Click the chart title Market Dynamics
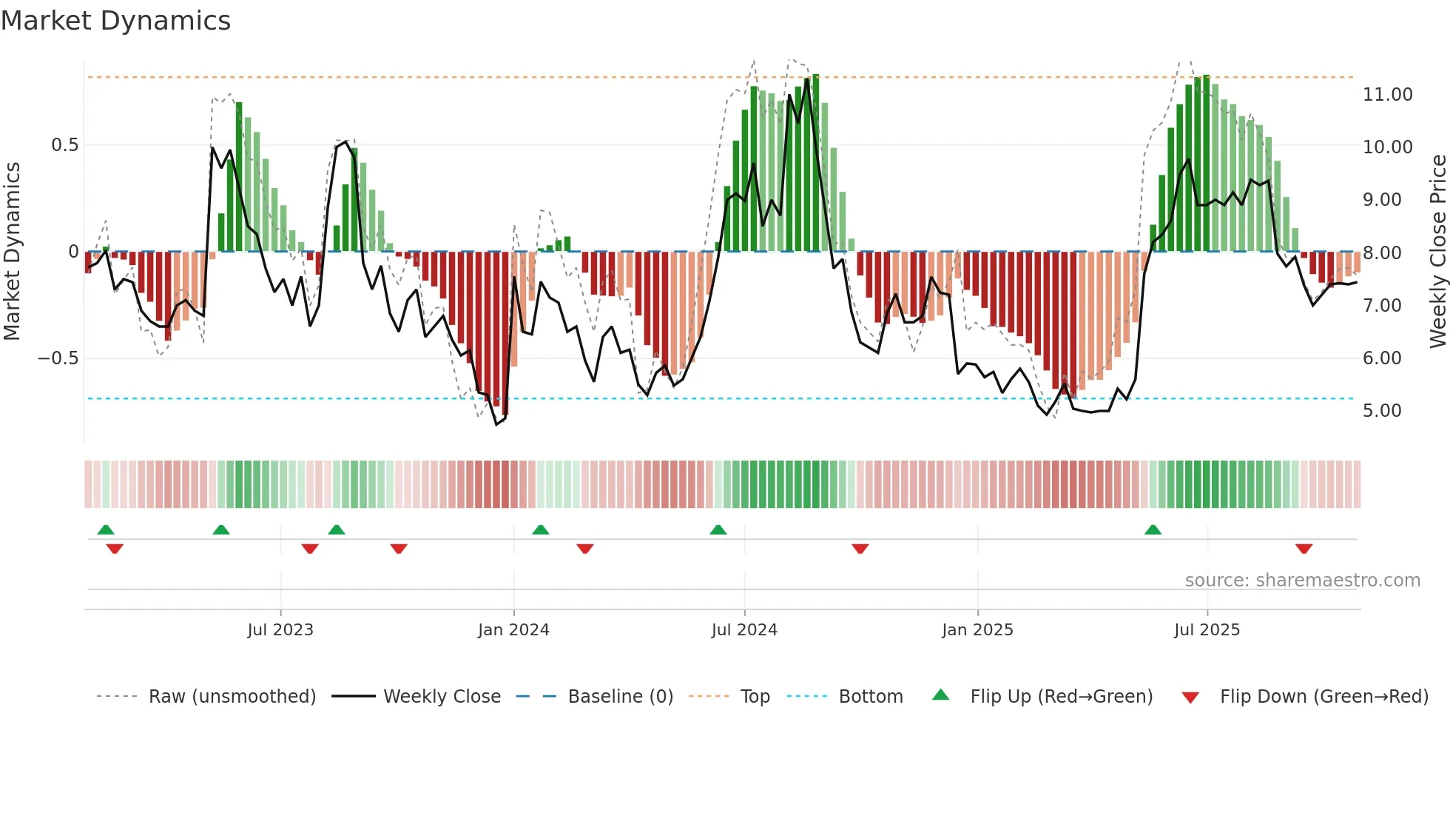[115, 21]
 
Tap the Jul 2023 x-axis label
[280, 630]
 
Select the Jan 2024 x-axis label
[513, 630]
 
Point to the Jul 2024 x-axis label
[744, 630]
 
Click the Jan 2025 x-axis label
[977, 630]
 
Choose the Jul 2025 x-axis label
[1207, 630]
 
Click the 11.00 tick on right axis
[1388, 95]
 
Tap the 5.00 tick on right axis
[1382, 411]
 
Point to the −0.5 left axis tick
[58, 358]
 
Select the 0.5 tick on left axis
[64, 145]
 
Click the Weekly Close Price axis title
[1437, 252]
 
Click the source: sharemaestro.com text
[1302, 581]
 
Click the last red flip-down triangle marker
[1304, 549]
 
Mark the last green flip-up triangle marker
[1153, 529]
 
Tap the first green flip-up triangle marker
[106, 529]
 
